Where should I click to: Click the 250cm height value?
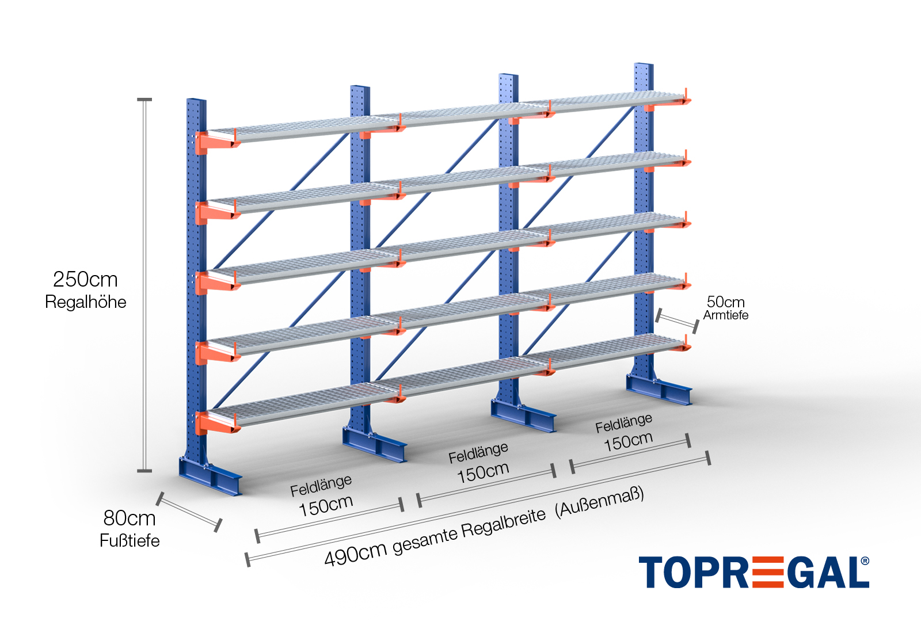pos(86,280)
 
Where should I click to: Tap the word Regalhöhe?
pos(86,302)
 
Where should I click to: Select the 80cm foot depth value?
pos(130,518)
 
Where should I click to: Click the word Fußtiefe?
pos(130,540)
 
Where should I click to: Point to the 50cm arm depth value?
pos(726,302)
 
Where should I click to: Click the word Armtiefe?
pos(726,315)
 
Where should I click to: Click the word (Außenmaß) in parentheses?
pos(599,502)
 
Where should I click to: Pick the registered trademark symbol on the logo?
pos(865,560)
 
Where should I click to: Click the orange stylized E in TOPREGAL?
pos(767,572)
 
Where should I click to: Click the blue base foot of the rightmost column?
pos(659,389)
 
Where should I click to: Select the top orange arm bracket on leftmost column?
pos(216,142)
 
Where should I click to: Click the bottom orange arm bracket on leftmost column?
pos(216,423)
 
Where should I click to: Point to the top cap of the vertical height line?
pos(144,100)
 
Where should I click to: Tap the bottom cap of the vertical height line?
pos(144,471)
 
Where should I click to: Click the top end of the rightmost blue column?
pos(644,64)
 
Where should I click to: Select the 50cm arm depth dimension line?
pos(677,321)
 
